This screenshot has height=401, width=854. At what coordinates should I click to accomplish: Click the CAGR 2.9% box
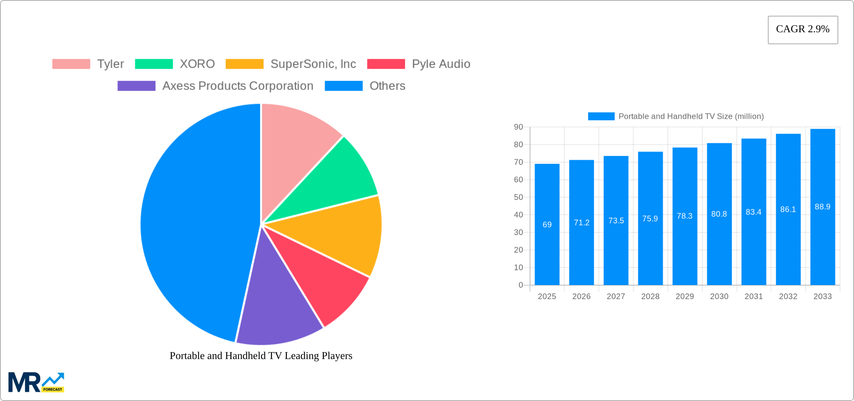click(803, 30)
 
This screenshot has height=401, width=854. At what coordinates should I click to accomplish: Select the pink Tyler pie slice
click(296, 150)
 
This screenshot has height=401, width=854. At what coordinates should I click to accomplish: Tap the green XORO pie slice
click(337, 180)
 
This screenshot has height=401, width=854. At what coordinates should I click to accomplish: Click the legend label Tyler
click(110, 64)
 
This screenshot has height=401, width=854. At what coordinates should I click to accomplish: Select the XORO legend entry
click(197, 64)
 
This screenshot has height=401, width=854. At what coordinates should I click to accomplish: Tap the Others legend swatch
click(343, 86)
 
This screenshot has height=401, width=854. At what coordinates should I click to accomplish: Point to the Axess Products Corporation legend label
click(237, 86)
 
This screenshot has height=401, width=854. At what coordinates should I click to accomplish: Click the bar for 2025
click(547, 244)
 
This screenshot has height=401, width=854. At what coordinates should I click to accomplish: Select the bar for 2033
click(823, 244)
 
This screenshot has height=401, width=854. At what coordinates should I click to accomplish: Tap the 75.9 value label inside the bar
click(650, 218)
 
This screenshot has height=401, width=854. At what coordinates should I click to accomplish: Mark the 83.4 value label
click(753, 212)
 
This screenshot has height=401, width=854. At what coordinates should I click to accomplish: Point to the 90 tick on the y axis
click(518, 127)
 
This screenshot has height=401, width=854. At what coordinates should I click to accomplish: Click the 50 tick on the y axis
click(518, 197)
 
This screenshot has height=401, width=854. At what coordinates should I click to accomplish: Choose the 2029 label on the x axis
click(685, 296)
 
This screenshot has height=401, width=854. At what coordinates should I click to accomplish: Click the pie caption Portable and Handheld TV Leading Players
click(261, 356)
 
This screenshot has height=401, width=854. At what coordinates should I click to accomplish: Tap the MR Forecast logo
click(36, 382)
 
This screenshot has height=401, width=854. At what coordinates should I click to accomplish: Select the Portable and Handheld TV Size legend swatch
click(601, 116)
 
